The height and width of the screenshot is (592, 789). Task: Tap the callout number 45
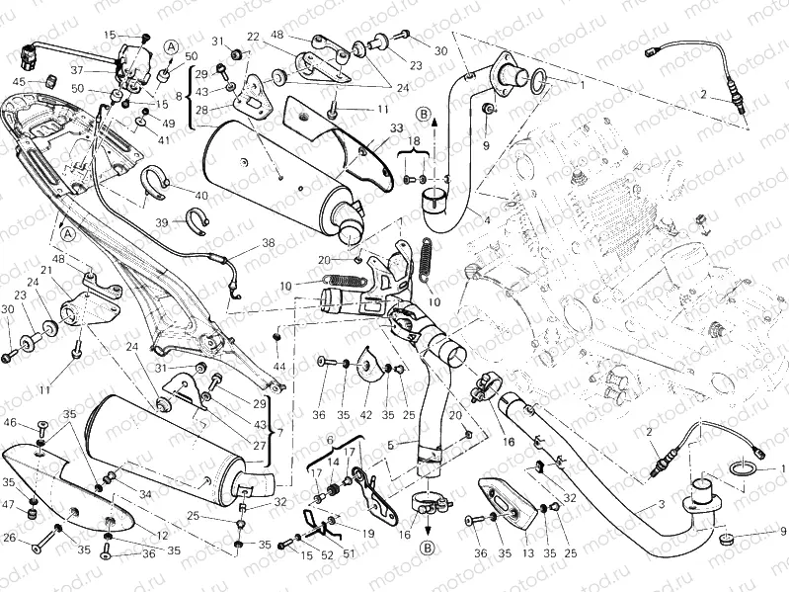coord(19,81)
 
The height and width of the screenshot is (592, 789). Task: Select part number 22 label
coord(254,37)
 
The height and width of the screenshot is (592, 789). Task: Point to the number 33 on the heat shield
coord(368,128)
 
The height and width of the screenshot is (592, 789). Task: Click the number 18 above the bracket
coord(415,142)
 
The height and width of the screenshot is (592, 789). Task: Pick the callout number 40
coord(201,195)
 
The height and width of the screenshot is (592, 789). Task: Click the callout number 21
coord(45,271)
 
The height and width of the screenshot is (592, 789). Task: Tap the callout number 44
coord(280,368)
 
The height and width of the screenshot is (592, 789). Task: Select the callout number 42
coord(365,416)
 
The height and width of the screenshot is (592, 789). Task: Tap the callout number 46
coord(10,423)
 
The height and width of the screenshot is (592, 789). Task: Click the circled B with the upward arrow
coord(424,116)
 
